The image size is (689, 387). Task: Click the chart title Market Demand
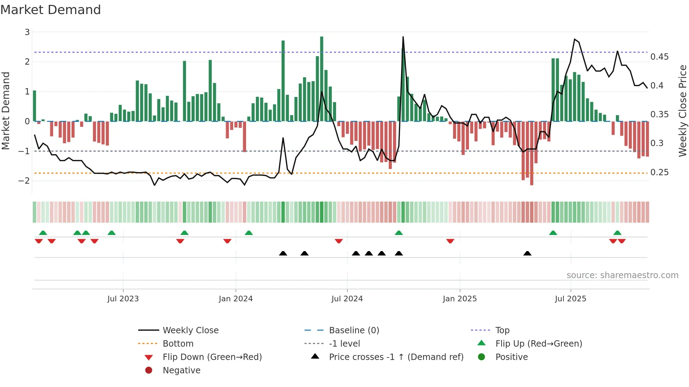coord(51,9)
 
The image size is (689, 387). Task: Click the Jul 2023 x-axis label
coord(123,299)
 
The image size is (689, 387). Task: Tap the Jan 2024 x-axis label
coord(236,299)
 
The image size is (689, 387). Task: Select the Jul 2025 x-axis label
coord(571,299)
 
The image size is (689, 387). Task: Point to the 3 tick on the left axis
coord(27,32)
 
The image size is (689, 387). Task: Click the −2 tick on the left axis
coord(24,181)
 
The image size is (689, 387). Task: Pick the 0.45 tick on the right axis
coord(659,57)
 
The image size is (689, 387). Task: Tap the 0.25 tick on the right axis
coord(659,172)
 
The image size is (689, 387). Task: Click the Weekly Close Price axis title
coord(682,111)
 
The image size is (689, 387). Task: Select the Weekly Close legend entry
coord(191,330)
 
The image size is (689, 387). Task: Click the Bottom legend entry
coord(178,344)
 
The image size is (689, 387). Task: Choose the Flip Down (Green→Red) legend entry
coord(212,357)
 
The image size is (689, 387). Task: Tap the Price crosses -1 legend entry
coord(396,357)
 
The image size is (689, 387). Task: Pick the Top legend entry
coord(502,330)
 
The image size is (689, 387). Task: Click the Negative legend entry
coord(181,370)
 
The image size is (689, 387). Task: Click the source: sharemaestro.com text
coord(622,275)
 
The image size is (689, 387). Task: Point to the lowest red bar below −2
coord(532,155)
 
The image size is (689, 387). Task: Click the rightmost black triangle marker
coord(527,253)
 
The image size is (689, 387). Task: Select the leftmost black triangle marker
coord(283,253)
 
